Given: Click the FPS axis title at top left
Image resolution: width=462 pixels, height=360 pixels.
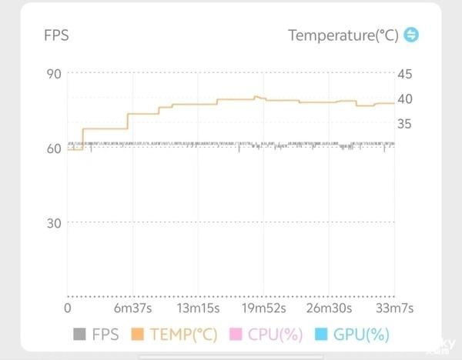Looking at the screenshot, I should pos(56,35).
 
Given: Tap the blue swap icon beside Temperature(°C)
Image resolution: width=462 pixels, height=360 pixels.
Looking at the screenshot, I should pos(412,35).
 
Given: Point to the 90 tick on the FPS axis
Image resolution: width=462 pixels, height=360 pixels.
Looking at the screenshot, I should pos(54,74).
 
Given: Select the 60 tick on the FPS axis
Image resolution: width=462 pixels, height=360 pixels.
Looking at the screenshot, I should pos(54,148).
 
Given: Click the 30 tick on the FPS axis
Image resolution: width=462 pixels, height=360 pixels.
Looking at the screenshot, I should pos(54,223).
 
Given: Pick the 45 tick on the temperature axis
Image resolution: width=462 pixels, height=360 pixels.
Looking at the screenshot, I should pos(405,74).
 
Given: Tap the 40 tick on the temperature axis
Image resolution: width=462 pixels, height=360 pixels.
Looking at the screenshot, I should pos(405,98).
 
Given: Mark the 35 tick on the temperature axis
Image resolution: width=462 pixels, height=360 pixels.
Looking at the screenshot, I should pos(405,123).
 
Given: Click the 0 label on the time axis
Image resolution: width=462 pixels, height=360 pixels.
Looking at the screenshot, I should pos(67,308).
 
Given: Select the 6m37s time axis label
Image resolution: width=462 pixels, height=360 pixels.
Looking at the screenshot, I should pos(134,308).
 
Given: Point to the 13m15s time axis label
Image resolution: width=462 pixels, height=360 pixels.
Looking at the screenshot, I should pos(198,308).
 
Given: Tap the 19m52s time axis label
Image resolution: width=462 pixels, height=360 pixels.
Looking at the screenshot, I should pos(264,308).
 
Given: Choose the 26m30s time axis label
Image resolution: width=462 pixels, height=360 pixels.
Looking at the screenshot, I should pos(329,308).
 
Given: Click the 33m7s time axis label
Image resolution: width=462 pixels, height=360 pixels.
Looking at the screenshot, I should pos(393,308).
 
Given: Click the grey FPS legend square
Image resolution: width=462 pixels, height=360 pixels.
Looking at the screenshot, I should pos(79,335).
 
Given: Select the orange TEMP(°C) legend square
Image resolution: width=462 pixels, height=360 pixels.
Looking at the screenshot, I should pos(138,335).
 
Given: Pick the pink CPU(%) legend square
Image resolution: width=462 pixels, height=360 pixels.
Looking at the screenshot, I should pos(236,335).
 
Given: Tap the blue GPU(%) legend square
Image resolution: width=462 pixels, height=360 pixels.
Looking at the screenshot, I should pos(321,335).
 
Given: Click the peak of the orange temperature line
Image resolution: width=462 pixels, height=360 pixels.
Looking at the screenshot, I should pos(256,97).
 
